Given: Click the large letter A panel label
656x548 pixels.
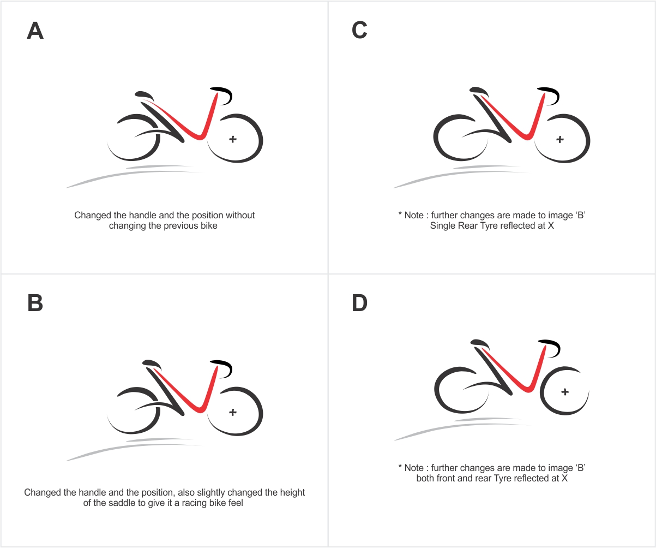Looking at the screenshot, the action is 35,31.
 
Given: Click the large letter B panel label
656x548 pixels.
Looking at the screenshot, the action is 35,303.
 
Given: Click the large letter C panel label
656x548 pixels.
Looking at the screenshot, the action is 359,30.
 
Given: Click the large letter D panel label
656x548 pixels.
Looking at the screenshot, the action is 359,303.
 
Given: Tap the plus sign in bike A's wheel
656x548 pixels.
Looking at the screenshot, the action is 232,139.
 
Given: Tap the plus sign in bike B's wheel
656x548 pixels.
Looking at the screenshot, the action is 232,412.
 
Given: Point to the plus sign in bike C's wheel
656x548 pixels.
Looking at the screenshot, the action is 560,139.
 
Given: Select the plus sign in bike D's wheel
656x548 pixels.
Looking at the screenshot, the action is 565,392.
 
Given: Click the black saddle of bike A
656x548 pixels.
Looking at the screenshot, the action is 144,96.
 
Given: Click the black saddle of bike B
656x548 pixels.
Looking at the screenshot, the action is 152,364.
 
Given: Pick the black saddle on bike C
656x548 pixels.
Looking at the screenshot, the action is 479,91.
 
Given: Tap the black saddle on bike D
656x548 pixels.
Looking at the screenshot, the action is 480,344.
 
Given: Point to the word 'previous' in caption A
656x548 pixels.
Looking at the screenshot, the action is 183,226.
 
